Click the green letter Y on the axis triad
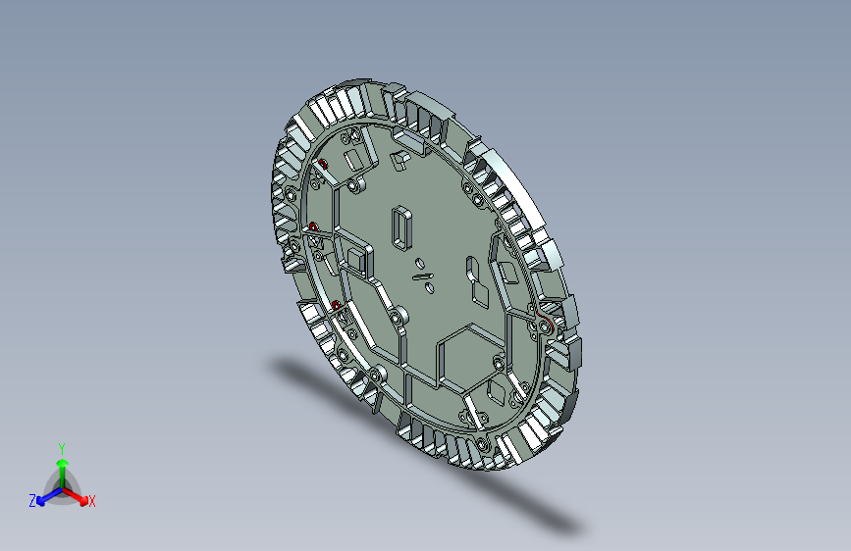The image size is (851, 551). click(x=62, y=449)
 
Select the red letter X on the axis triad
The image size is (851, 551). click(x=91, y=501)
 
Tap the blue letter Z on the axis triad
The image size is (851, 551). click(x=32, y=501)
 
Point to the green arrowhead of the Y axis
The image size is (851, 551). click(x=63, y=463)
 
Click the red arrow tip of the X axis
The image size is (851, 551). click(x=83, y=500)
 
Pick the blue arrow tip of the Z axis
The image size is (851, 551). click(x=40, y=501)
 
